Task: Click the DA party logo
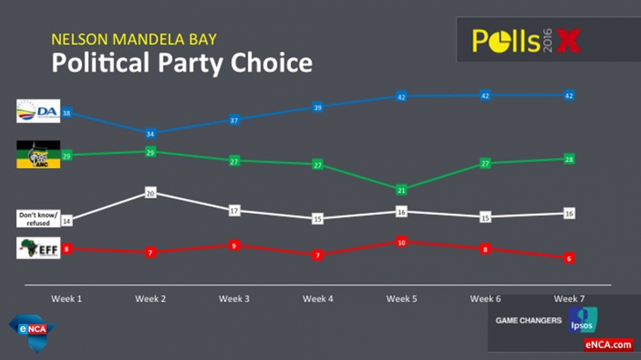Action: tap(38, 111)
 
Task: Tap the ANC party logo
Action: tap(38, 155)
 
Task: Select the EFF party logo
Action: tap(38, 248)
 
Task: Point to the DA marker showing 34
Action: tap(150, 134)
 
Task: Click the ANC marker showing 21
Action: tap(401, 189)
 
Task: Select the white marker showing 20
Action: tap(150, 193)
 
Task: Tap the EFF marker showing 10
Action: tap(401, 242)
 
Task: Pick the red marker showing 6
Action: tap(569, 258)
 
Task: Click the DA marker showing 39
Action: tap(318, 107)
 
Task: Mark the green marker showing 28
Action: tap(569, 159)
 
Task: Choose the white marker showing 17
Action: tap(234, 211)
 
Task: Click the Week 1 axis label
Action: tap(66, 299)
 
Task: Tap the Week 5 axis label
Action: tap(401, 299)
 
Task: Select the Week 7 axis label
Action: tap(569, 299)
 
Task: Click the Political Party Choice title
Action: tap(182, 63)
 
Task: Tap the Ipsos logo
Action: tap(584, 320)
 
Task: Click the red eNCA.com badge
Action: tap(608, 345)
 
